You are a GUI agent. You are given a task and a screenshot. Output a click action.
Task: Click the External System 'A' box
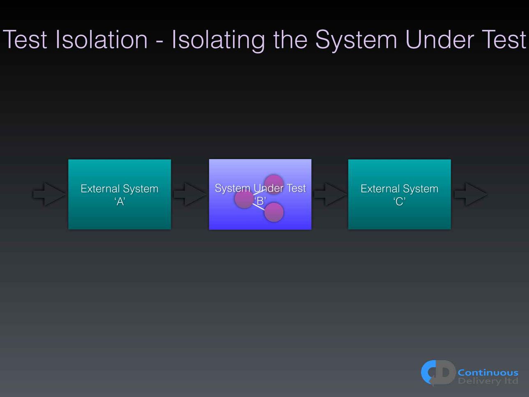click(x=120, y=194)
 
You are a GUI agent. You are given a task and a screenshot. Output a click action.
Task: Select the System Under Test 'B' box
click(x=260, y=194)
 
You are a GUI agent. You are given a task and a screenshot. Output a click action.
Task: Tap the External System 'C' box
click(x=399, y=194)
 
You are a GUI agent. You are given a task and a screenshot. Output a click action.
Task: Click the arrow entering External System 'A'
click(x=49, y=194)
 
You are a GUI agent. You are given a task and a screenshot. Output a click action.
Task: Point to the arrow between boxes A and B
click(x=190, y=194)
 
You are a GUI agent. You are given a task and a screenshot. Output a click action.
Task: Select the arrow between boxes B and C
click(x=330, y=194)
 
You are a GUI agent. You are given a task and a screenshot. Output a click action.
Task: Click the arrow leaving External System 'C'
click(x=471, y=194)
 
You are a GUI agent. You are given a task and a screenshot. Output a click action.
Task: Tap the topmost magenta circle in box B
click(x=274, y=184)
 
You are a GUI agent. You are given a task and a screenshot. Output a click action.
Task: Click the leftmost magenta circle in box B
click(x=244, y=199)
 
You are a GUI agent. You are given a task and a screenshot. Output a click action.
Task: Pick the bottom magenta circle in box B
click(x=274, y=212)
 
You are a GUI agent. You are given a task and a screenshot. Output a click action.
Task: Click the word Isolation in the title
click(x=101, y=39)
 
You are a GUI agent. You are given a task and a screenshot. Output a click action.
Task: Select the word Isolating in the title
click(x=218, y=41)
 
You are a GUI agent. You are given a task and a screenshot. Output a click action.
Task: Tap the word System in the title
click(x=356, y=41)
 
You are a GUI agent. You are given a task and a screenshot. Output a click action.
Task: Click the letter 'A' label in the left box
click(x=120, y=201)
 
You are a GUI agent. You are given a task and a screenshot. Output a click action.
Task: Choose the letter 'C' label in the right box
click(x=399, y=201)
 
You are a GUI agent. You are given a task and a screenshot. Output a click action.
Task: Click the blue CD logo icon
click(x=438, y=373)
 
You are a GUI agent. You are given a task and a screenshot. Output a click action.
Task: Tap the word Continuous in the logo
click(x=488, y=373)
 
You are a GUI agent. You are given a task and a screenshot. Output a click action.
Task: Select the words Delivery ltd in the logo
click(x=488, y=381)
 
